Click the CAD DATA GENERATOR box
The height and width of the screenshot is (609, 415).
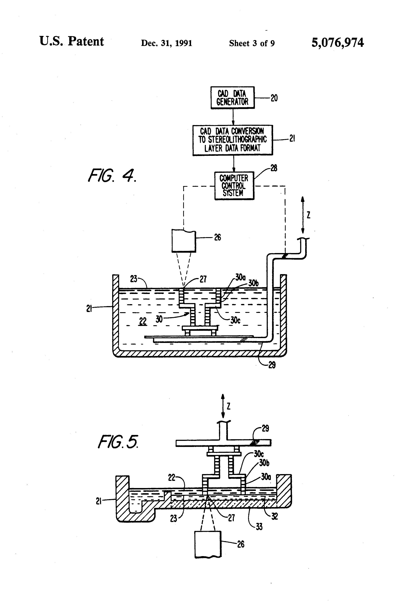[232, 98]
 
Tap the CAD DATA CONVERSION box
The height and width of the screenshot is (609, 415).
[232, 140]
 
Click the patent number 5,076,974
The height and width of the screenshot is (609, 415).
[337, 43]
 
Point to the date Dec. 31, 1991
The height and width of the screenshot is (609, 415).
[167, 43]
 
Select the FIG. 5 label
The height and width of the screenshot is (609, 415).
[118, 442]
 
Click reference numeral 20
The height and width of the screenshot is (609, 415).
[274, 98]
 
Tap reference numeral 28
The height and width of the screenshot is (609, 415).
[274, 168]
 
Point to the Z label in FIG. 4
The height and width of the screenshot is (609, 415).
[309, 215]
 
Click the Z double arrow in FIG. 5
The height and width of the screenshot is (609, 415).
[223, 406]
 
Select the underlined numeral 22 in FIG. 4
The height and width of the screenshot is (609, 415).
[143, 321]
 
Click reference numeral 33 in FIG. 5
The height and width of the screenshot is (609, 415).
[259, 526]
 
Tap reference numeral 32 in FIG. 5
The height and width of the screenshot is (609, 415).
[274, 516]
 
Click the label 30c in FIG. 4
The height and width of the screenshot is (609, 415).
[235, 320]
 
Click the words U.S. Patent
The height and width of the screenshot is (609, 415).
[72, 41]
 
